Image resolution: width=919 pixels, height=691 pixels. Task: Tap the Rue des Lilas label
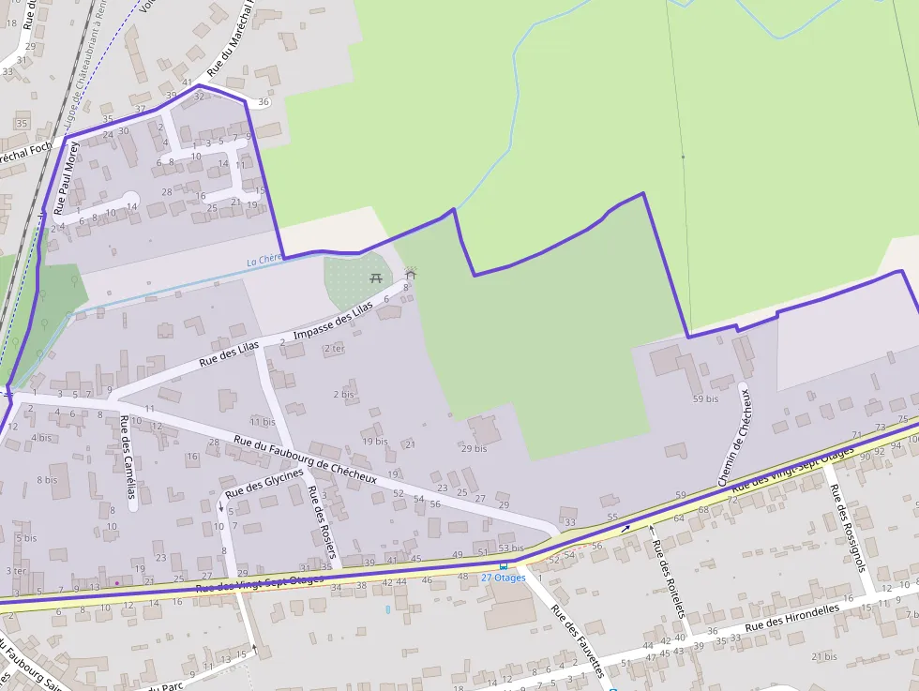229,355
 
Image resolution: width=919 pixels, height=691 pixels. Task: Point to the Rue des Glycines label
264,483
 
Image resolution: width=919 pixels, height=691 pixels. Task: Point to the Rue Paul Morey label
63,179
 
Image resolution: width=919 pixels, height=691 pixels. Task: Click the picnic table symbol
376,278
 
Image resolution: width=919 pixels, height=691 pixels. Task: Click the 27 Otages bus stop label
503,578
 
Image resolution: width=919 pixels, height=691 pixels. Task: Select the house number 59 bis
704,398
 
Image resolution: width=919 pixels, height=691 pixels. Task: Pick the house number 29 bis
474,448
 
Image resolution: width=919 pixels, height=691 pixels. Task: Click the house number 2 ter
334,348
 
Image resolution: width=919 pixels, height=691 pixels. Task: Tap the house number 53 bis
510,548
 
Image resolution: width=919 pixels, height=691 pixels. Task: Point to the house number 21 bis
823,657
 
